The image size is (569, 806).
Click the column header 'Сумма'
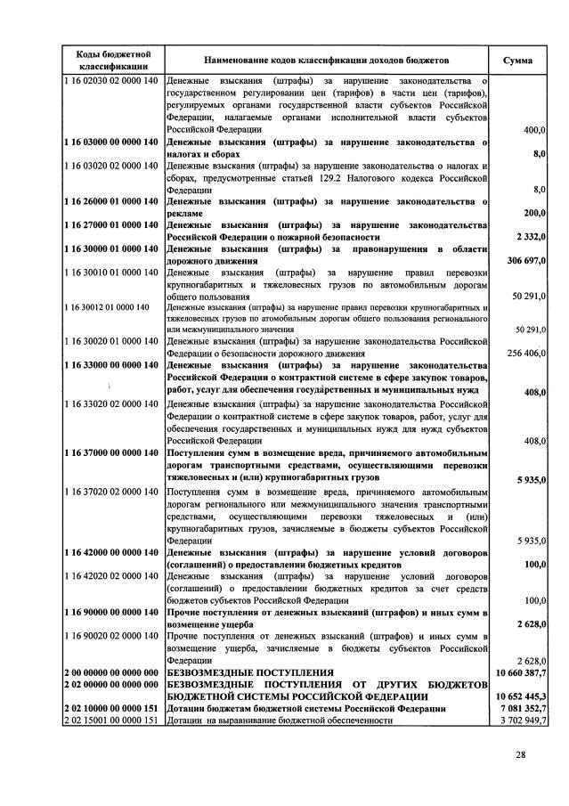pyautogui.click(x=518, y=61)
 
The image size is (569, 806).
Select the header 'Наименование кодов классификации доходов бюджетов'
pyautogui.click(x=328, y=61)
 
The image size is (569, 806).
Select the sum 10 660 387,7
pyautogui.click(x=518, y=672)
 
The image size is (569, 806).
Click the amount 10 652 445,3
pyautogui.click(x=518, y=696)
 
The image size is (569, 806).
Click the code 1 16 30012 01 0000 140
pyautogui.click(x=106, y=307)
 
